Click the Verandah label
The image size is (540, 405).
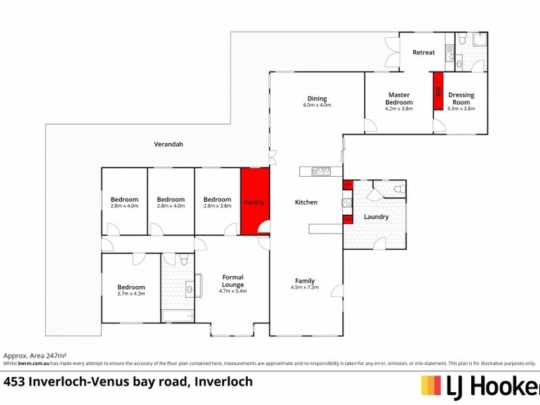coord(168,144)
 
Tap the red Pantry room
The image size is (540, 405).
coord(254,200)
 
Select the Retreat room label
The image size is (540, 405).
coord(424,52)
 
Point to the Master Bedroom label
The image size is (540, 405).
coord(398,99)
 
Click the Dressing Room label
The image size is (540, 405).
coord(461,99)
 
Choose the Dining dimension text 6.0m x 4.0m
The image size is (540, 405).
coord(317,105)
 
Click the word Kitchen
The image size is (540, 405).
coord(306,202)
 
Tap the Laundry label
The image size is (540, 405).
coord(376,217)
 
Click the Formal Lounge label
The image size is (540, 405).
coord(233,281)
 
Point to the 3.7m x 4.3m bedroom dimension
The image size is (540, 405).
coord(131,294)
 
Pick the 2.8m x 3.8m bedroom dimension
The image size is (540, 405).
coord(217,207)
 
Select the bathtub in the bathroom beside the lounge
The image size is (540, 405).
coord(178,315)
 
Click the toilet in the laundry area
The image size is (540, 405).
coord(398,190)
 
